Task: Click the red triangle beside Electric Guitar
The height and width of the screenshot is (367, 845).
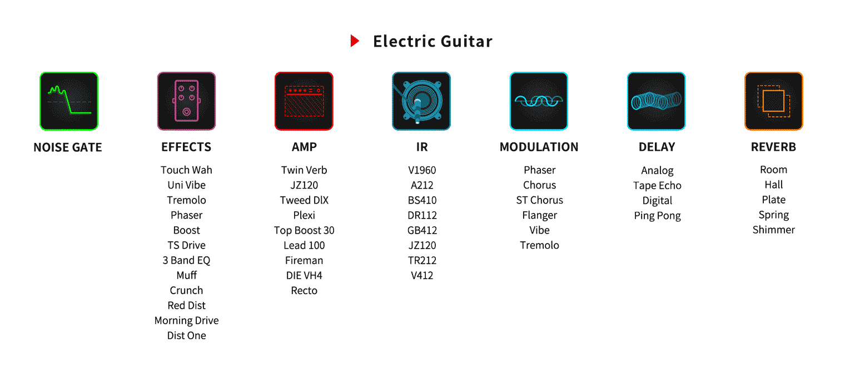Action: [x=354, y=41]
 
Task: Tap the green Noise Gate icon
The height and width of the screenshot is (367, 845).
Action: [x=69, y=101]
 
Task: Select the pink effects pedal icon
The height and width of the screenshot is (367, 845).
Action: [x=186, y=101]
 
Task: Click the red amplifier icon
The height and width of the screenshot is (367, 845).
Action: [x=304, y=101]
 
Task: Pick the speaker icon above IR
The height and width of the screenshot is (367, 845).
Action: [x=421, y=101]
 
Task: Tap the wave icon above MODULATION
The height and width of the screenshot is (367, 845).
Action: [x=539, y=101]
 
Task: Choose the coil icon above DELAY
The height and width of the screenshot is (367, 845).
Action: [x=657, y=101]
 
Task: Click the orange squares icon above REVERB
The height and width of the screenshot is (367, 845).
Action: [x=774, y=101]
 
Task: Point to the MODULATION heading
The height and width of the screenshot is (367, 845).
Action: [x=539, y=147]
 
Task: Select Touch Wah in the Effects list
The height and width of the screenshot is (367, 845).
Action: [x=186, y=170]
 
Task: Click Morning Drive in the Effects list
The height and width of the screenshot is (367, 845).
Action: [x=186, y=321]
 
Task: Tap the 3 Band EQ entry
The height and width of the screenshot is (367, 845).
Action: [x=186, y=260]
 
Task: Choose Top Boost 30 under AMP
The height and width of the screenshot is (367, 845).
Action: [x=304, y=230]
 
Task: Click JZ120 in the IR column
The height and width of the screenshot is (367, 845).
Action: [x=422, y=245]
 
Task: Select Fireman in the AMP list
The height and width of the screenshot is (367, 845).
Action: [x=304, y=260]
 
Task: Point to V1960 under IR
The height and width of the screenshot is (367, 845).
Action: [x=422, y=170]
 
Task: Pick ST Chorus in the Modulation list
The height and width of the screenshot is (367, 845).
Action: [x=539, y=200]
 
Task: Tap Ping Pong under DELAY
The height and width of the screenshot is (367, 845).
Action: [x=657, y=216]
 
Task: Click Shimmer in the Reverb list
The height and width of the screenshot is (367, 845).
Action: [x=774, y=230]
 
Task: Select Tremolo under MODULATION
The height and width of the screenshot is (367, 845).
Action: [x=539, y=245]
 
